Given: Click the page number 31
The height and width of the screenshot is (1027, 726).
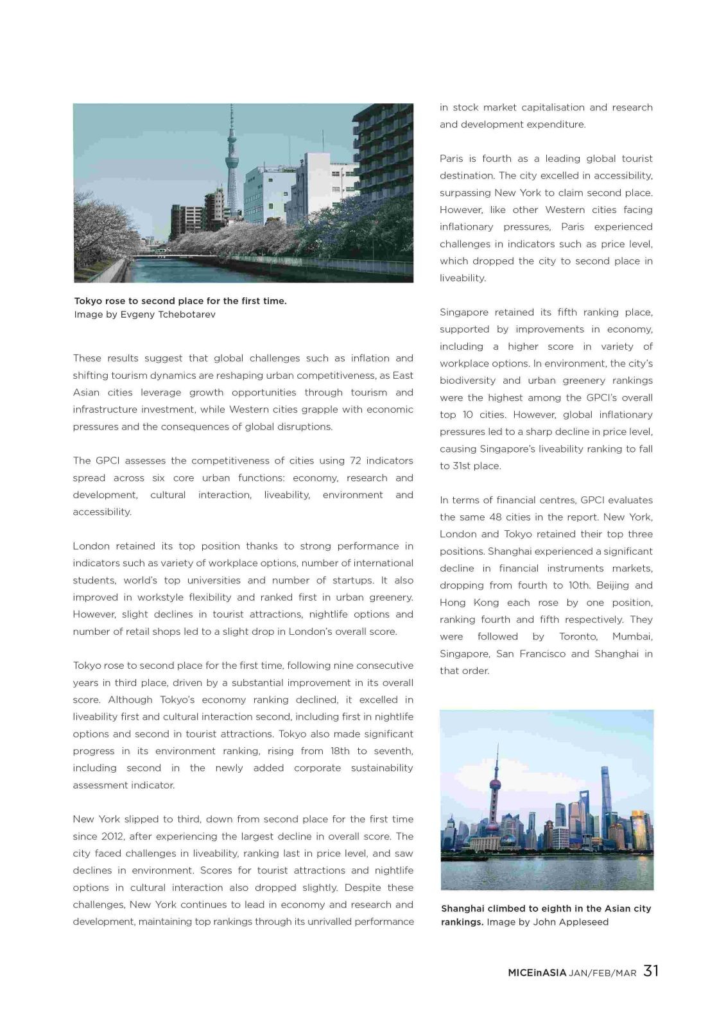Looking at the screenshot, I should point(651,971).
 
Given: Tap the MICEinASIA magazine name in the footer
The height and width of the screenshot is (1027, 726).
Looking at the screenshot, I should point(537,972).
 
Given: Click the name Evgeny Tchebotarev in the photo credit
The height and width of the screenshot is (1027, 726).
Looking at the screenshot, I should point(168,315).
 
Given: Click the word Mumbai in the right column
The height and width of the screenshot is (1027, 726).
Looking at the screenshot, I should point(632,636).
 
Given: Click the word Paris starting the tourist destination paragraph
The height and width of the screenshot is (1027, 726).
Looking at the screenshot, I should point(452,159).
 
